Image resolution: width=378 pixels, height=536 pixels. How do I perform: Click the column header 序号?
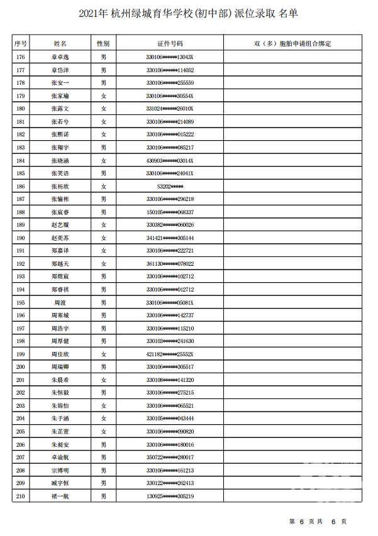tap(21, 43)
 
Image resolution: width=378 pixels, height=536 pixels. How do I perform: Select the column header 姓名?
tap(60, 43)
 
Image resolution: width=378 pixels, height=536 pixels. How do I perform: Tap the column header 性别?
tap(103, 43)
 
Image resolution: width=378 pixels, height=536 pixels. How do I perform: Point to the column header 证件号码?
tap(170, 43)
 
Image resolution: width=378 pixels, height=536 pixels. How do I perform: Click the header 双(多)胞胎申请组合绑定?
tap(292, 43)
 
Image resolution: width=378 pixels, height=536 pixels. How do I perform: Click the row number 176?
tap(21, 57)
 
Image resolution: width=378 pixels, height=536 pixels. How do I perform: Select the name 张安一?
tap(60, 83)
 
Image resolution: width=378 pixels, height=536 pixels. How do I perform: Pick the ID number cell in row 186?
tap(170, 187)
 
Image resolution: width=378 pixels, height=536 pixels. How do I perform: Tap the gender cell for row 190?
tap(103, 238)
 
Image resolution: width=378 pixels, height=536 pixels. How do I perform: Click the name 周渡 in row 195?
tap(60, 303)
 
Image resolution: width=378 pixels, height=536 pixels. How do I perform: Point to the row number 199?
tap(21, 354)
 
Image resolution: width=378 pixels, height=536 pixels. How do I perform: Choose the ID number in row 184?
tap(170, 161)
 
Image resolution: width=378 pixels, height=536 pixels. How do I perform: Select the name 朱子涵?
tap(60, 418)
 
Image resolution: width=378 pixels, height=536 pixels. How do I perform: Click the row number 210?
tap(21, 496)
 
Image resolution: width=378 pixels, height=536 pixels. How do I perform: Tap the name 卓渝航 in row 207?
tap(60, 457)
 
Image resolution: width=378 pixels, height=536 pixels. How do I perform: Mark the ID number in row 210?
tap(170, 496)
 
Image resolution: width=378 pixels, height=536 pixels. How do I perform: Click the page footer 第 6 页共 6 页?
tap(318, 522)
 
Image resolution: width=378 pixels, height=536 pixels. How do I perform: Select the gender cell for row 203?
tap(103, 406)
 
